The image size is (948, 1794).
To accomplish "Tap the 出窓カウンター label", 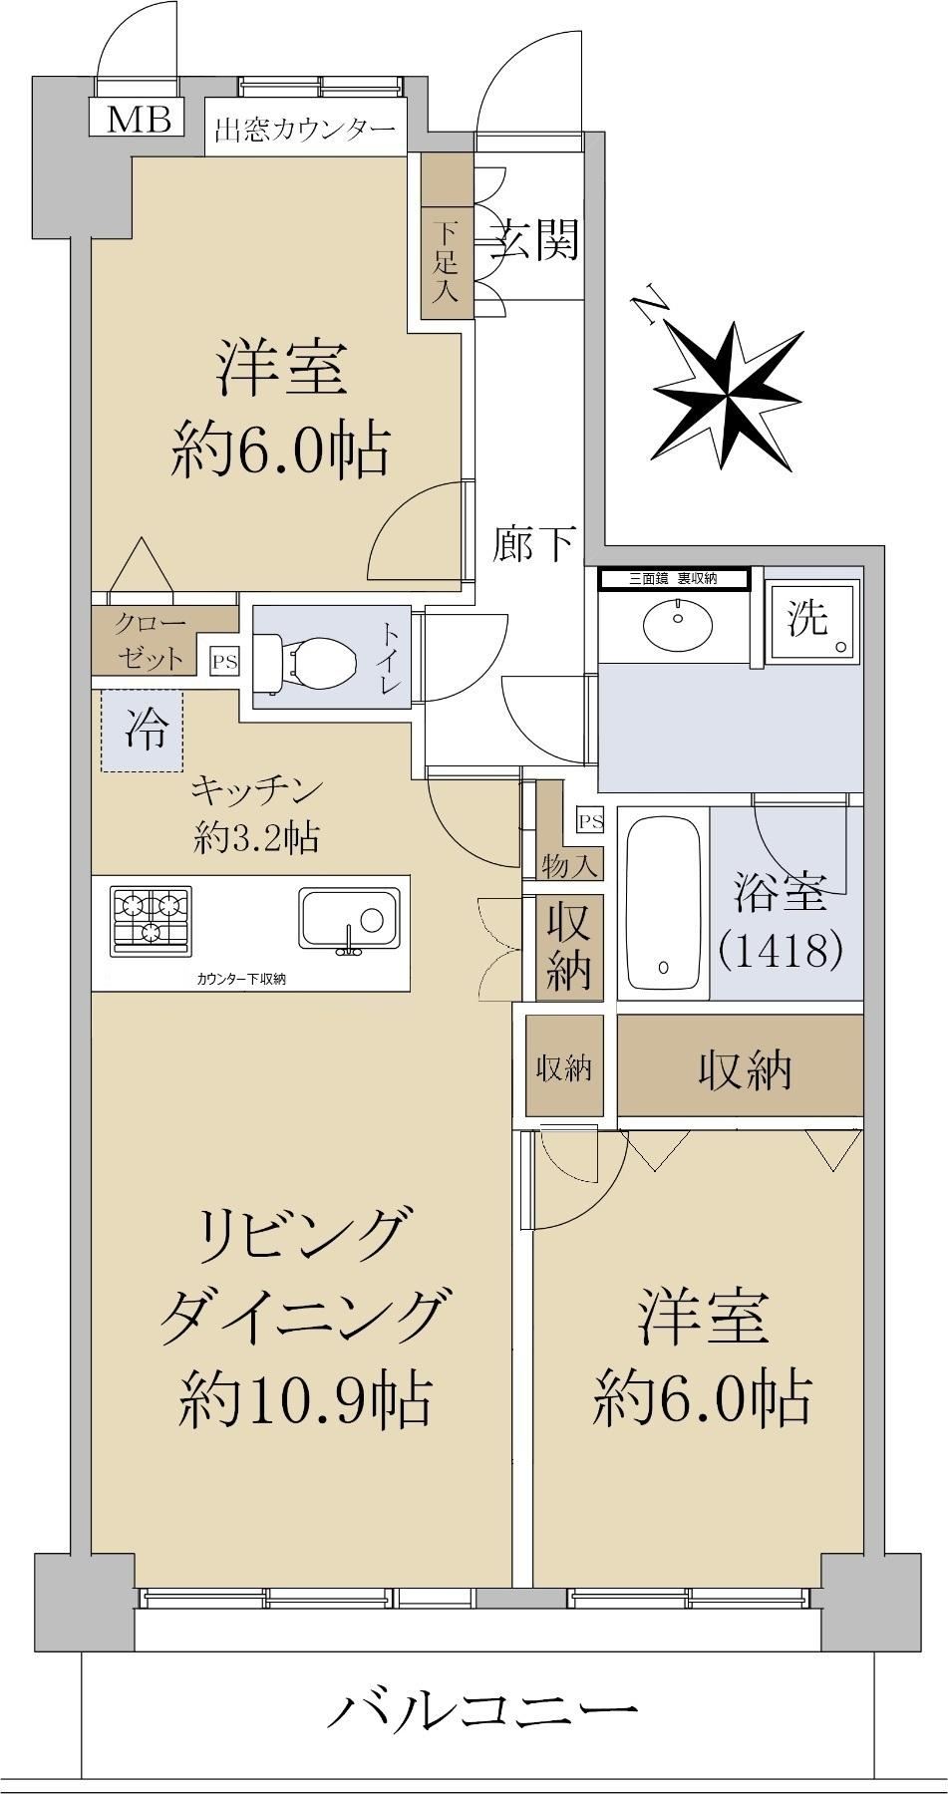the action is [x=305, y=130].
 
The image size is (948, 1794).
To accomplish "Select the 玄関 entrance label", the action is [x=533, y=239].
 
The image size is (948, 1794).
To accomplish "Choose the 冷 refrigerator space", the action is [x=141, y=732].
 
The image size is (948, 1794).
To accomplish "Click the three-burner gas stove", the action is [x=151, y=917].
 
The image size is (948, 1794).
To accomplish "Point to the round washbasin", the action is [x=678, y=624].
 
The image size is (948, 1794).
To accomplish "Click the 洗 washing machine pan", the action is [x=813, y=622].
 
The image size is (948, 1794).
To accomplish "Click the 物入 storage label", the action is [x=569, y=865].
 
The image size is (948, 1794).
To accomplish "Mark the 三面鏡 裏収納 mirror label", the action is [x=673, y=577].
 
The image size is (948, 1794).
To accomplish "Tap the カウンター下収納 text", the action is [x=241, y=979].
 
